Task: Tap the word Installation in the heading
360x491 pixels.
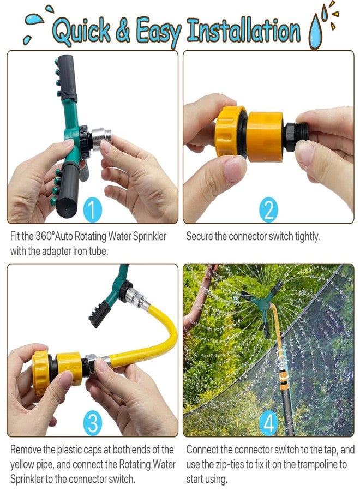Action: point(244,31)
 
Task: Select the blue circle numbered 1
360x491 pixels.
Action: point(92,210)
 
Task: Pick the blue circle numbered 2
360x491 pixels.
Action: point(268,209)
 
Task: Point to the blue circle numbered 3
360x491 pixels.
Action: point(93,423)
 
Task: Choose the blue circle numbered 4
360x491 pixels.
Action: point(268,423)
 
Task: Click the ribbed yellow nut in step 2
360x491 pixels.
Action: point(230,131)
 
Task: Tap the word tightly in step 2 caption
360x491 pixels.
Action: point(308,237)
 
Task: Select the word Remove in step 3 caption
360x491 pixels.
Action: point(25,450)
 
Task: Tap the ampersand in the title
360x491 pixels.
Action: point(123,31)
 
